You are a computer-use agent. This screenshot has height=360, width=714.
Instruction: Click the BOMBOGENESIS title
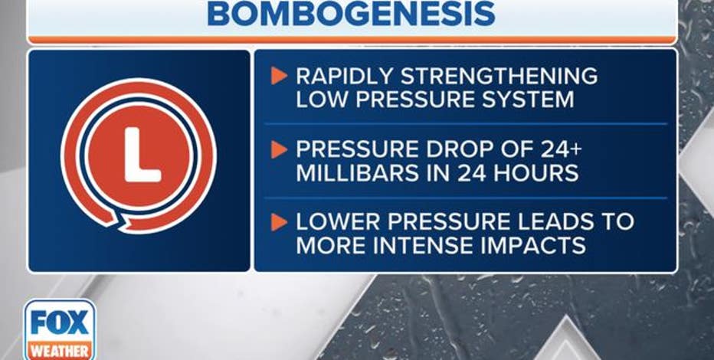point(351,14)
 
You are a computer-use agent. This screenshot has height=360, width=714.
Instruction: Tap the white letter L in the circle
point(142,155)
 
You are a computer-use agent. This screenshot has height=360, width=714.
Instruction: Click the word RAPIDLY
point(344,76)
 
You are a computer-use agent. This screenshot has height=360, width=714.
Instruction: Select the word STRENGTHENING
point(499,76)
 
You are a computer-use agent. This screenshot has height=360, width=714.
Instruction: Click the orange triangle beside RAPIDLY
point(278,76)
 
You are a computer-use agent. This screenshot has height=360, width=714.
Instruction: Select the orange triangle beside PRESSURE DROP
point(278,149)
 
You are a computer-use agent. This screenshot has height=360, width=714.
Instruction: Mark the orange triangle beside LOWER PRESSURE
point(278,221)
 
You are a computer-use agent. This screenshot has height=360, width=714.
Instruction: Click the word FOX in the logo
point(60,322)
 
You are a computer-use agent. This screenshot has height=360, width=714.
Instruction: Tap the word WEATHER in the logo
point(60,352)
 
